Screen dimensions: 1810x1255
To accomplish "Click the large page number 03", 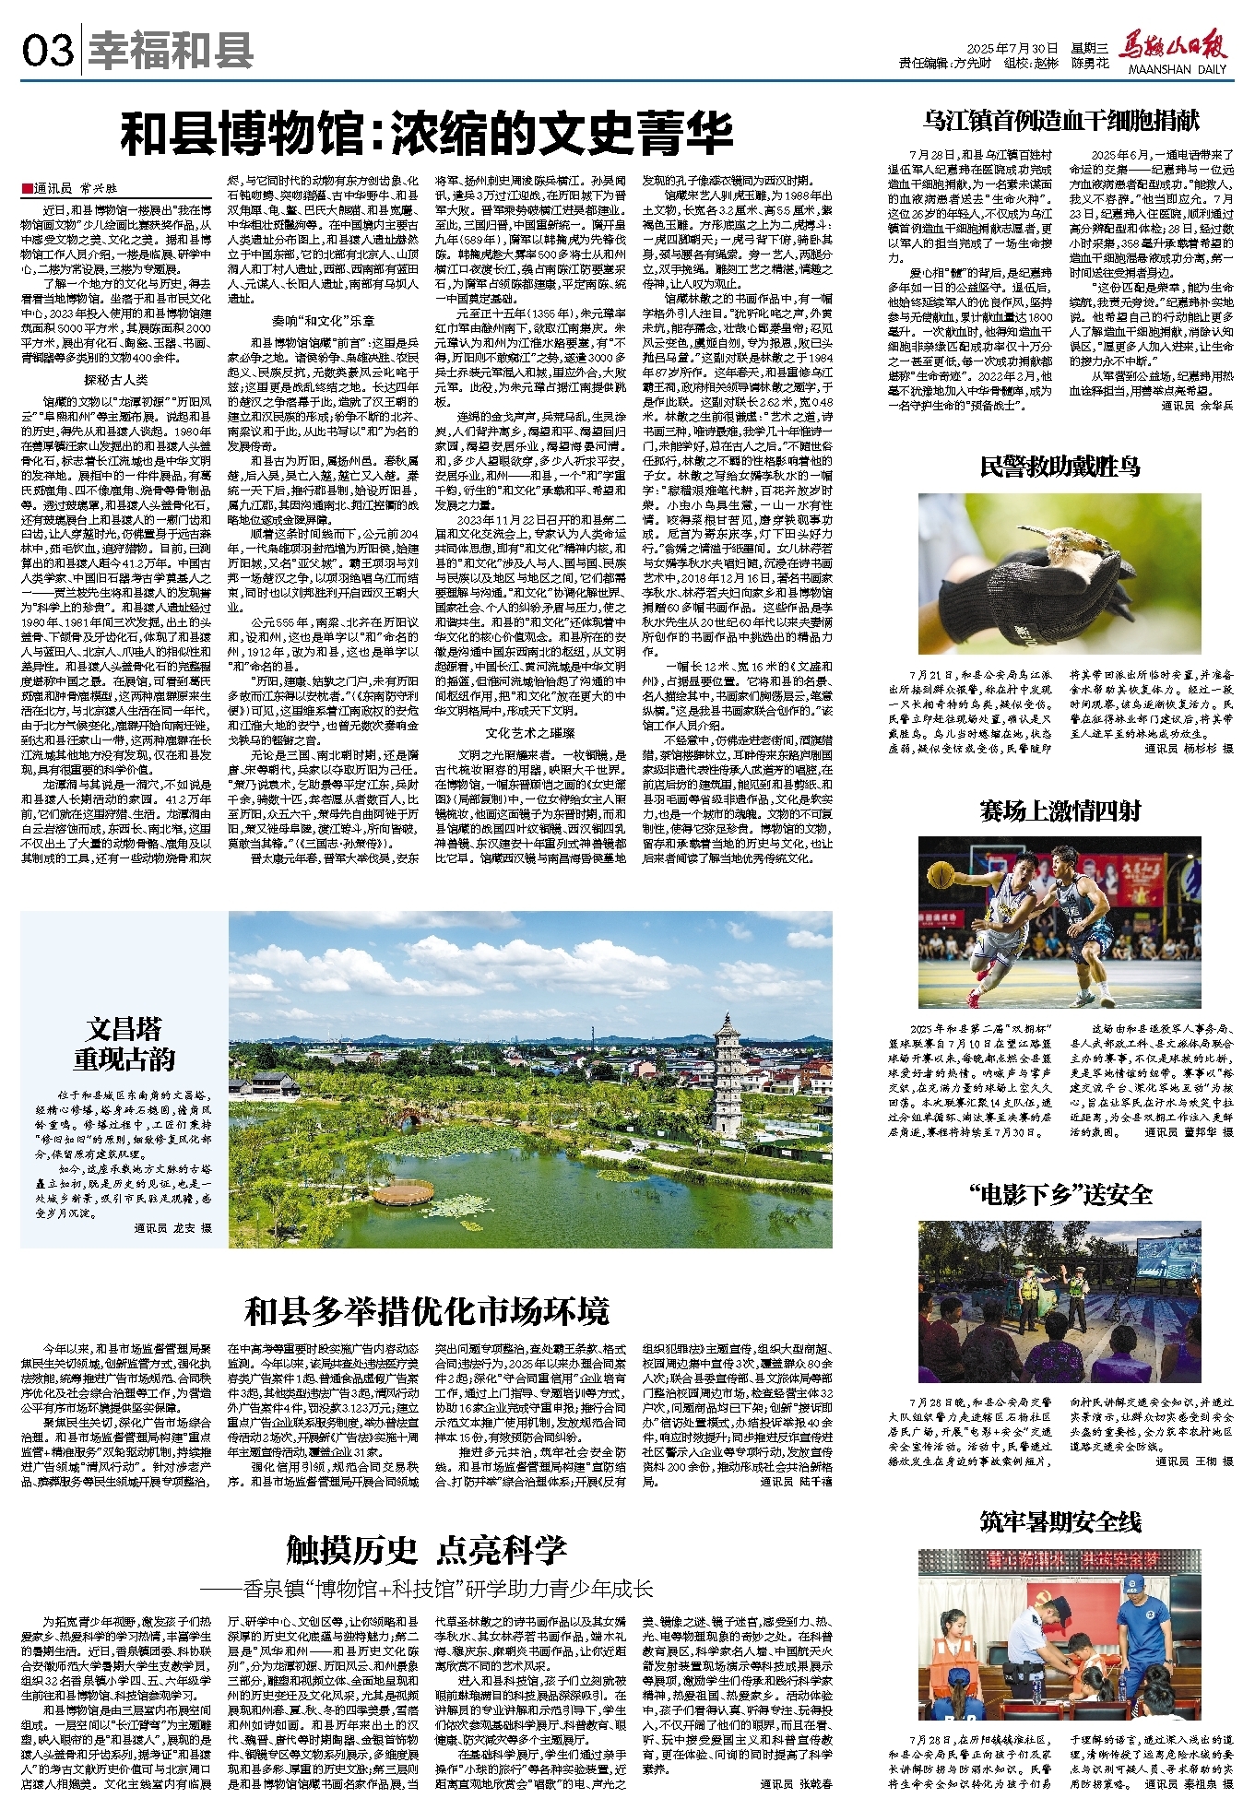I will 48,51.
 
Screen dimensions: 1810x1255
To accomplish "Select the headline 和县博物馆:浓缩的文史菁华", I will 426,134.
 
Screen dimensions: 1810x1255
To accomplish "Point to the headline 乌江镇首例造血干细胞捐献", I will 1060,120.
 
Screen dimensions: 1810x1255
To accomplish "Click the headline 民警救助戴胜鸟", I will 1060,467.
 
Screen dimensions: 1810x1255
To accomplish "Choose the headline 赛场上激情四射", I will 1060,811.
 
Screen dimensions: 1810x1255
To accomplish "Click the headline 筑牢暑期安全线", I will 1060,1521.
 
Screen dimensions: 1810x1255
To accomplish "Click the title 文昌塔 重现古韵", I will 124,1044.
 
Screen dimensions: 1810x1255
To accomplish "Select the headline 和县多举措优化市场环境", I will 426,1310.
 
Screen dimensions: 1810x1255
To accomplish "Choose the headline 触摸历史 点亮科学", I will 426,1551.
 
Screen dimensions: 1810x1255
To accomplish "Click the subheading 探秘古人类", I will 116,379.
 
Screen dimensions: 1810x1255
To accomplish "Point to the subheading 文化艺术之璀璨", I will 530,732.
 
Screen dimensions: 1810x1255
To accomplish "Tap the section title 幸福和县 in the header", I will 172,51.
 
